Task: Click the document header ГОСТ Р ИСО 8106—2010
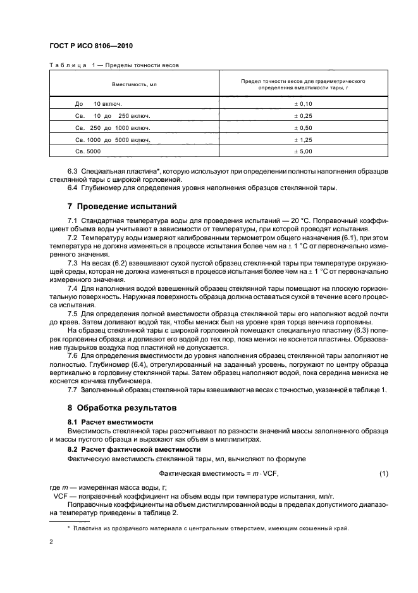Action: [x=91, y=47]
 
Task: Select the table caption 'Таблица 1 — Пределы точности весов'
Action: [x=117, y=65]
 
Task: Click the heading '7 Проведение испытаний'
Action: [x=122, y=207]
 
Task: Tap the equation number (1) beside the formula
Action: [x=383, y=474]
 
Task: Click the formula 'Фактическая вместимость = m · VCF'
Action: [x=219, y=474]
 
